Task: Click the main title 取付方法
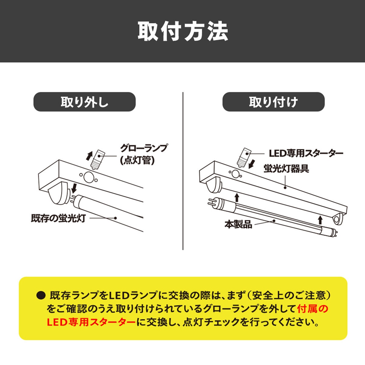coord(183,31)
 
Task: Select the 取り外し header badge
coord(84,102)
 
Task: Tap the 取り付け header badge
coord(273,102)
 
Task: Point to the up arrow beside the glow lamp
coord(89,156)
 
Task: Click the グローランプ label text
coord(144,148)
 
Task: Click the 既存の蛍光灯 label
coord(58,218)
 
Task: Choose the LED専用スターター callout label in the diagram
coord(306,153)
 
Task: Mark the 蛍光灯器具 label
coord(286,169)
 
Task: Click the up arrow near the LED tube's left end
coord(237,198)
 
